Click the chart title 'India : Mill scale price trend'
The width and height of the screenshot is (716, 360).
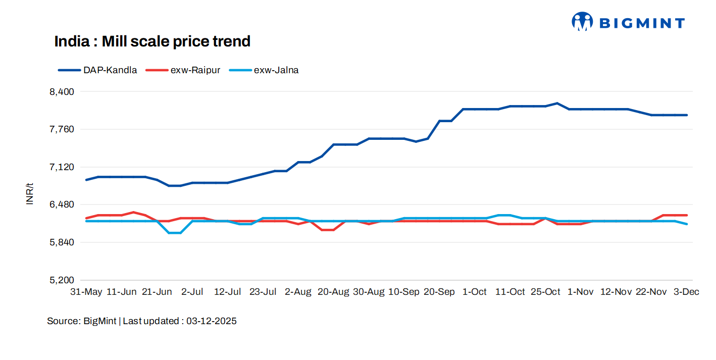click(x=152, y=41)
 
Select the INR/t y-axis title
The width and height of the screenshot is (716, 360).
click(x=30, y=194)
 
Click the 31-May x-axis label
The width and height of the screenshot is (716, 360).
click(x=86, y=292)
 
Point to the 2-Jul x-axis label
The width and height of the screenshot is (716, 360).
click(x=192, y=292)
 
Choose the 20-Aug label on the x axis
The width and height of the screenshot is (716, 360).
click(x=333, y=292)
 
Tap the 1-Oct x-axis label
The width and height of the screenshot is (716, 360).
click(x=475, y=292)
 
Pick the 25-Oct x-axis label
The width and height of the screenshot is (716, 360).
click(x=545, y=292)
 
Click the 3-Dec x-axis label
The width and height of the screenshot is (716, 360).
click(x=687, y=292)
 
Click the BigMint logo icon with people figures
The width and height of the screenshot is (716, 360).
click(x=582, y=22)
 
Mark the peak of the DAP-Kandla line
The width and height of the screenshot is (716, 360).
click(x=557, y=104)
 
